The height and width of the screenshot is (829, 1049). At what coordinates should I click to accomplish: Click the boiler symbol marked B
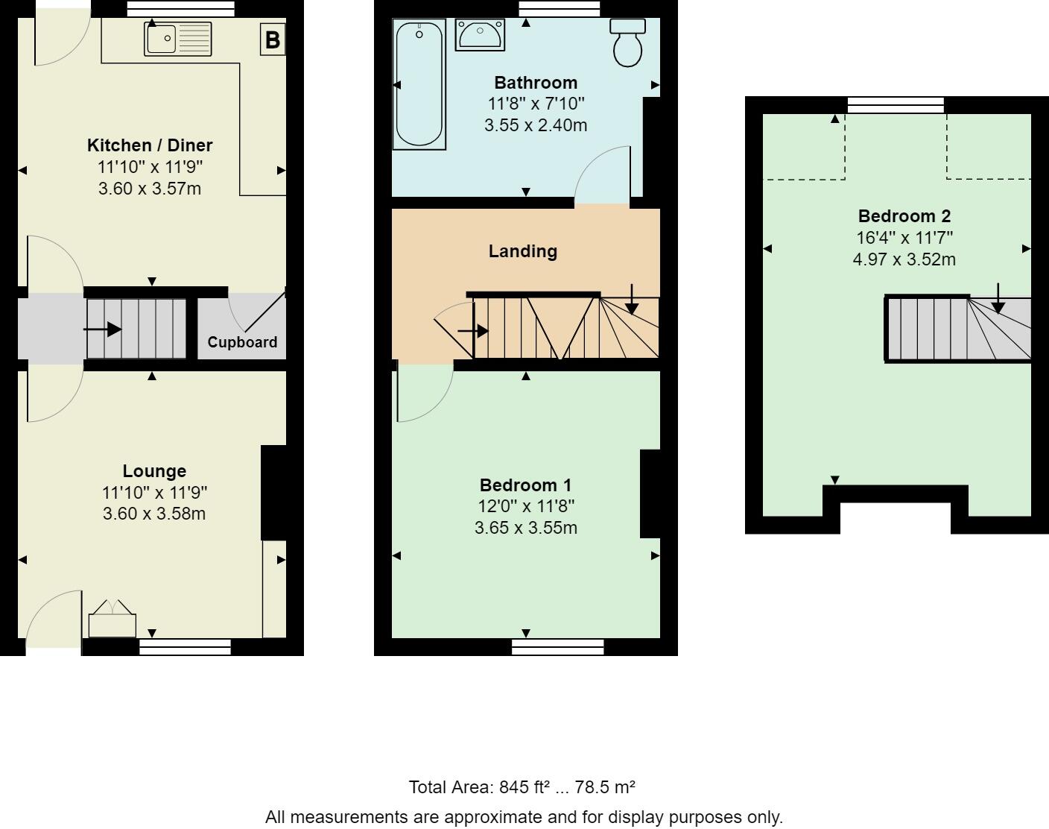(x=273, y=40)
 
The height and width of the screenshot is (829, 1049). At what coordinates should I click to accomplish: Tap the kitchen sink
(x=178, y=38)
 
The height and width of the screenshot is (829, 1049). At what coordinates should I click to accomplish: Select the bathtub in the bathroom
(x=419, y=84)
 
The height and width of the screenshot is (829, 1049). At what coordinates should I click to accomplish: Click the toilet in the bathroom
(x=628, y=42)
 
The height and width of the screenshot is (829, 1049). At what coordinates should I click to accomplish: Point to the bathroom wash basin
(x=480, y=34)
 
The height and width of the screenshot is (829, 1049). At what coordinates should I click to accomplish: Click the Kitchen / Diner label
(x=150, y=145)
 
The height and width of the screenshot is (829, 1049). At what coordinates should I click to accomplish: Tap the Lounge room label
(x=154, y=471)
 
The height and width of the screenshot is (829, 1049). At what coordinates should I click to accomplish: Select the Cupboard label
(x=242, y=342)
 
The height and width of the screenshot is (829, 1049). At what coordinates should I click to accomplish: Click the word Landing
(x=523, y=251)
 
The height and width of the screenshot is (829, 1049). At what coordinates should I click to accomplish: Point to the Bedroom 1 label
(x=525, y=485)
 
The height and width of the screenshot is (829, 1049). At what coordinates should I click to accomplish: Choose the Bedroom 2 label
(x=904, y=215)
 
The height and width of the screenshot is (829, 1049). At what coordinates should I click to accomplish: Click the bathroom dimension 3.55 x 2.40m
(x=536, y=125)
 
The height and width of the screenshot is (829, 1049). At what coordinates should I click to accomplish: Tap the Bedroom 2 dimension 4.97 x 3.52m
(x=904, y=259)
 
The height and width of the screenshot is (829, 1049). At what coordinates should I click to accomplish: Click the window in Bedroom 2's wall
(x=896, y=105)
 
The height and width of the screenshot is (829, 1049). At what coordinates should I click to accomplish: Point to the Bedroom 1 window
(x=557, y=647)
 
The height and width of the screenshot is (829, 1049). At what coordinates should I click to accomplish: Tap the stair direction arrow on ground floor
(x=102, y=330)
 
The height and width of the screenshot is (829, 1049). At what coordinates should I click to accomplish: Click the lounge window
(x=185, y=647)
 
